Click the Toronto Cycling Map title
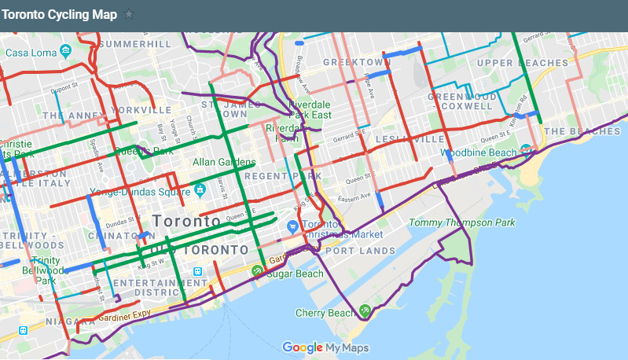(59, 14)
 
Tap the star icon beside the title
(130, 14)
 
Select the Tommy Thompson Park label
(462, 222)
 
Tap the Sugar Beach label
(295, 274)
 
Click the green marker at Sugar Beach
(257, 272)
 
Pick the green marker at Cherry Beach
(365, 310)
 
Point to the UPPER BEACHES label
(522, 63)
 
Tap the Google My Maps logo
(325, 347)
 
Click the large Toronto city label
(186, 222)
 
